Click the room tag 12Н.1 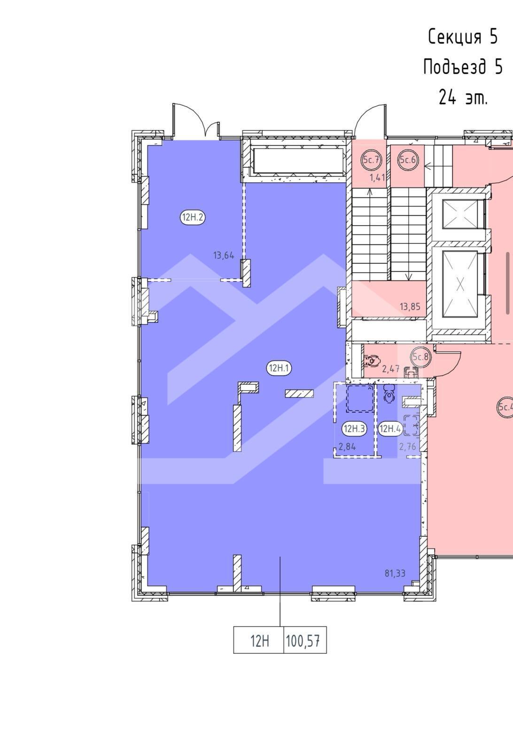click(279, 368)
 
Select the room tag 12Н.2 click(193, 217)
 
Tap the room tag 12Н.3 click(354, 429)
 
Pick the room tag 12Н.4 click(389, 429)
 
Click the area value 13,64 click(224, 256)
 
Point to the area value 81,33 click(395, 573)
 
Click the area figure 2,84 click(347, 446)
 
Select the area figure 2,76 click(408, 446)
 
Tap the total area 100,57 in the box click(303, 642)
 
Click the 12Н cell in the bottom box click(260, 642)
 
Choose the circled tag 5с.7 click(372, 160)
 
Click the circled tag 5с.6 click(408, 160)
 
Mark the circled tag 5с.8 click(420, 357)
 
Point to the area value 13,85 click(410, 306)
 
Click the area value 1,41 click(377, 178)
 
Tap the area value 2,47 click(391, 369)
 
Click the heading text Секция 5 click(463, 37)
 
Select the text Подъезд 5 click(463, 66)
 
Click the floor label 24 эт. click(463, 98)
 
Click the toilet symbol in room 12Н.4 click(389, 393)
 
